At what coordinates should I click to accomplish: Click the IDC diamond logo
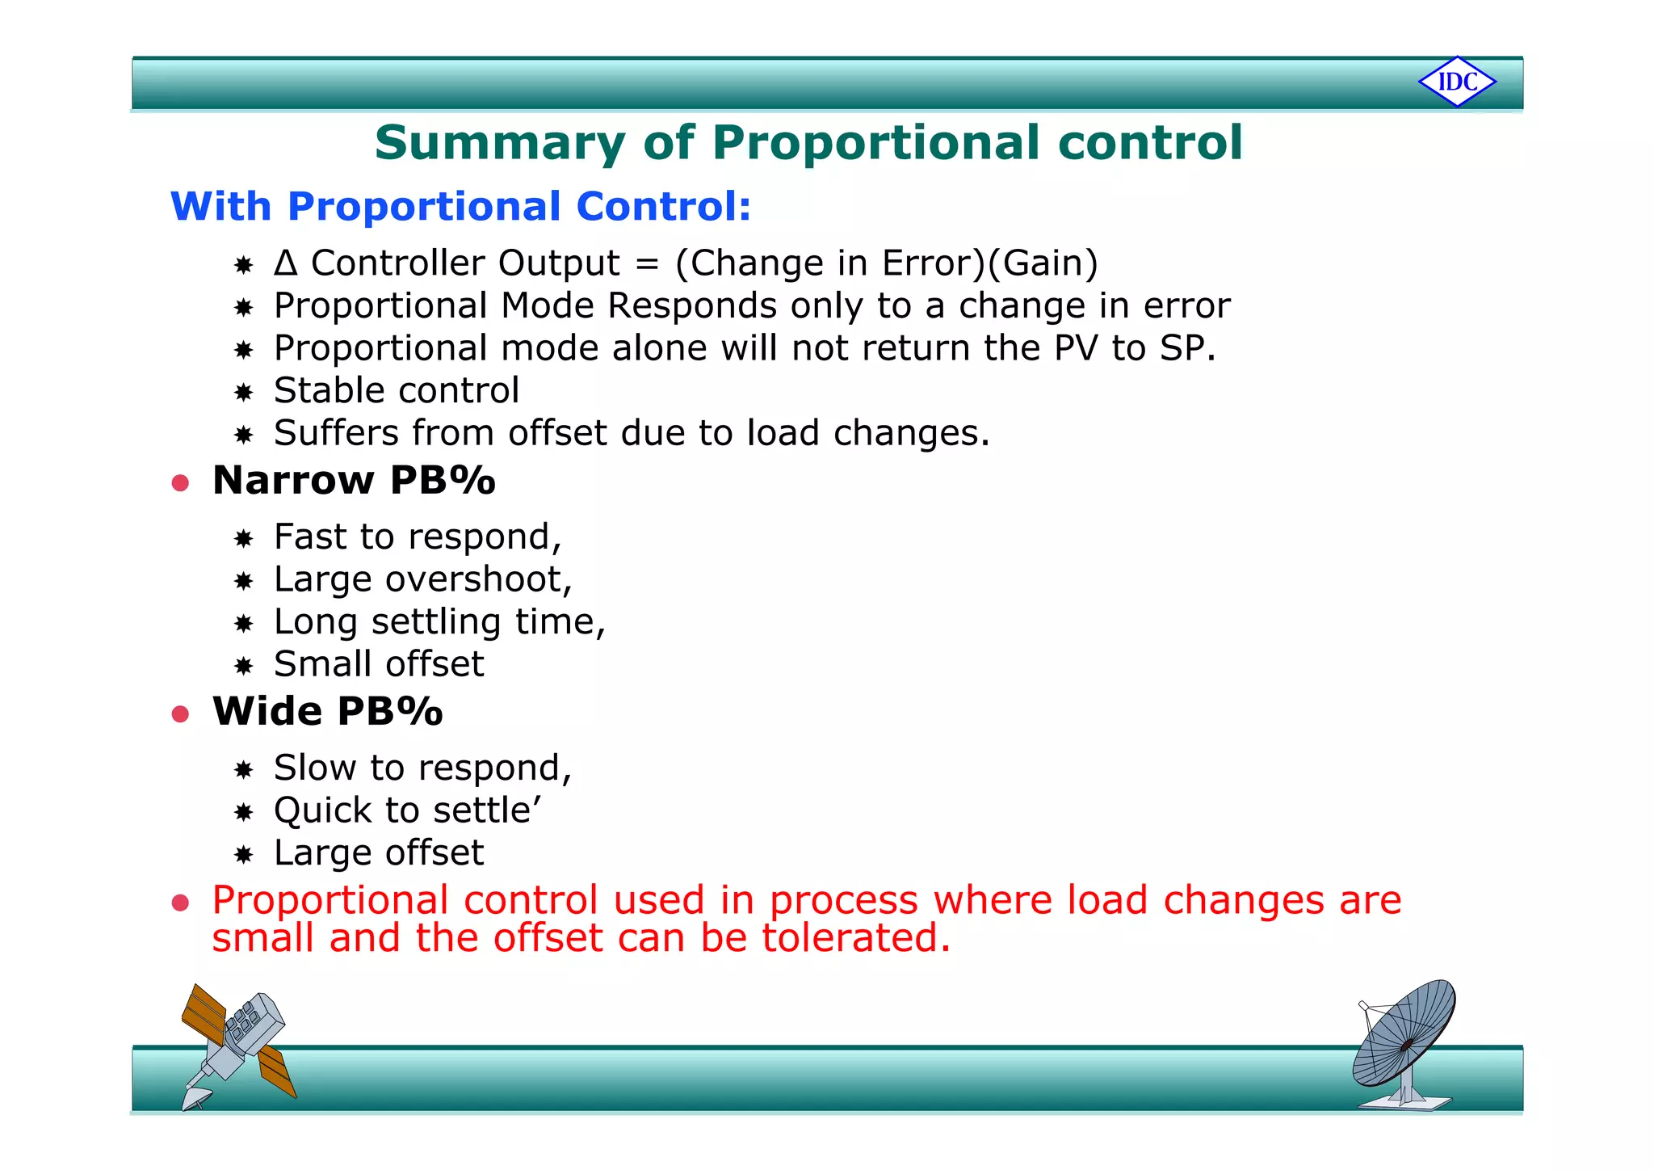pyautogui.click(x=1457, y=82)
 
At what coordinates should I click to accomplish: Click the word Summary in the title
pyautogui.click(x=499, y=143)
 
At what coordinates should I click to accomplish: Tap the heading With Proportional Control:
pyautogui.click(x=460, y=206)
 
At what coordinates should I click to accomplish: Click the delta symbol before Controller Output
pyautogui.click(x=285, y=263)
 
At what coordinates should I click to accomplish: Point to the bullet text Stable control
pyautogui.click(x=396, y=391)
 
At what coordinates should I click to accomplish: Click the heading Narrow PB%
pyautogui.click(x=354, y=481)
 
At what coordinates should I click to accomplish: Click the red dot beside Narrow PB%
pyautogui.click(x=180, y=483)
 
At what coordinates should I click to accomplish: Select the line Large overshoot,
pyautogui.click(x=422, y=580)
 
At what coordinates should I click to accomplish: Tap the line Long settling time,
pyautogui.click(x=439, y=622)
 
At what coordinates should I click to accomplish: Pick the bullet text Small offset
pyautogui.click(x=378, y=665)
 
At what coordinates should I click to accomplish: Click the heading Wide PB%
pyautogui.click(x=327, y=712)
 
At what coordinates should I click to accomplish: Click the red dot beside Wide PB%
pyautogui.click(x=180, y=714)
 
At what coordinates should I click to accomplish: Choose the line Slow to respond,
pyautogui.click(x=422, y=768)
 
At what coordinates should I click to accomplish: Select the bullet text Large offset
pyautogui.click(x=378, y=853)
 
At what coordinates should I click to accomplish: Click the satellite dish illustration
pyautogui.click(x=1405, y=1042)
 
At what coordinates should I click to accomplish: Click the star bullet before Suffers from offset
pyautogui.click(x=243, y=436)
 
